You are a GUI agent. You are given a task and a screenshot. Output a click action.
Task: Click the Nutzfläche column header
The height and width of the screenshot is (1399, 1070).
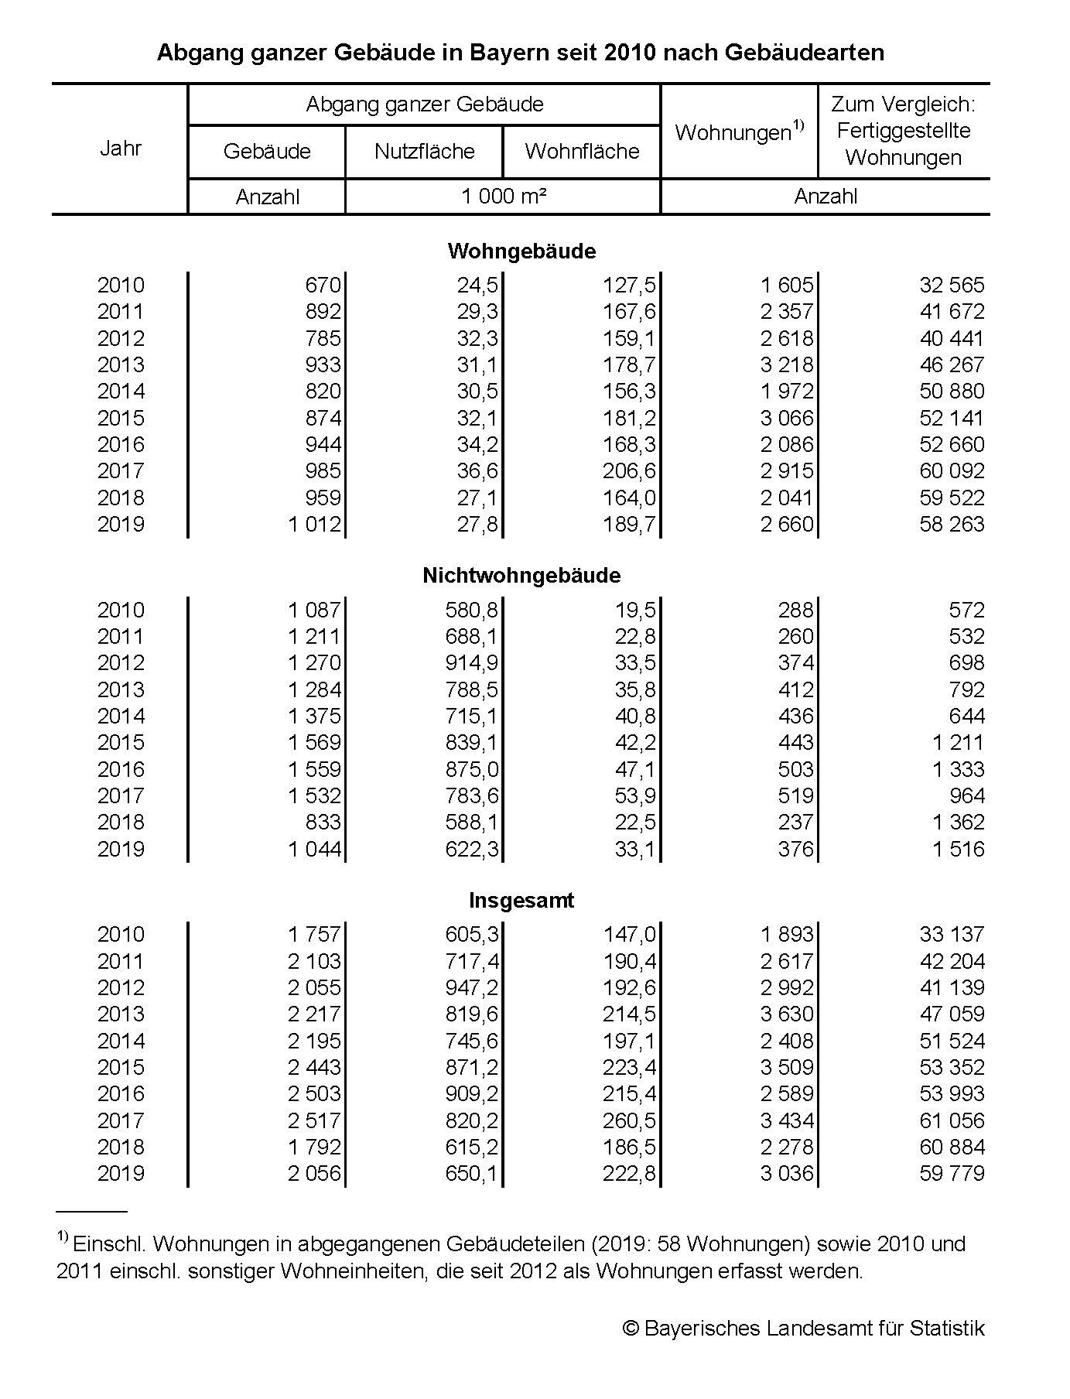pyautogui.click(x=424, y=151)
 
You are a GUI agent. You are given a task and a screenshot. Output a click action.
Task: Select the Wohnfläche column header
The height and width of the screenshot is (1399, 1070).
pyautogui.click(x=582, y=151)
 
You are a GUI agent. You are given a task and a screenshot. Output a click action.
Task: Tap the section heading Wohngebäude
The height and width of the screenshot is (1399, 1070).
pyautogui.click(x=521, y=251)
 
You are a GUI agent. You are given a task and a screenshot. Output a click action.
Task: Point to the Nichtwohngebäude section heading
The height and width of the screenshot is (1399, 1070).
pyautogui.click(x=521, y=575)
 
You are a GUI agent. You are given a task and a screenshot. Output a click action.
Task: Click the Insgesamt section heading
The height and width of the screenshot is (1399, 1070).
pyautogui.click(x=521, y=900)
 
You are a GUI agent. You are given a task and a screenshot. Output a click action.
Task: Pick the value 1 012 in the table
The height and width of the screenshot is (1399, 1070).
pyautogui.click(x=314, y=524)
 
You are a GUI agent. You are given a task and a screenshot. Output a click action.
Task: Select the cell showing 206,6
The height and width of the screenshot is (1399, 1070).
pyautogui.click(x=629, y=470)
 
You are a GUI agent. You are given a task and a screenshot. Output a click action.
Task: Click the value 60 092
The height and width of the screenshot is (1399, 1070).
pyautogui.click(x=952, y=470)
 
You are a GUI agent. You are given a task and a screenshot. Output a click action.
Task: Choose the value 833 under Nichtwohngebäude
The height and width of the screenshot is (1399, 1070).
pyautogui.click(x=323, y=822)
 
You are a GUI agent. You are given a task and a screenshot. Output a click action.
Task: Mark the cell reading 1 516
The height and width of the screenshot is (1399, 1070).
pyautogui.click(x=958, y=849)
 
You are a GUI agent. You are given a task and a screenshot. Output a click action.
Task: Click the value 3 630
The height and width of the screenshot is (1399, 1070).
pyautogui.click(x=787, y=1014)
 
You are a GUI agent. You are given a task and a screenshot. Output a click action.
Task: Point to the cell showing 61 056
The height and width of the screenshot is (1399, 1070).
pyautogui.click(x=952, y=1120)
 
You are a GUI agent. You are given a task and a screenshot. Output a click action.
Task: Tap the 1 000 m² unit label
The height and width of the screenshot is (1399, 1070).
pyautogui.click(x=504, y=197)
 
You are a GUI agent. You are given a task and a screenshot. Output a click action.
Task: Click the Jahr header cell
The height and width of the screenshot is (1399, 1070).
pyautogui.click(x=121, y=149)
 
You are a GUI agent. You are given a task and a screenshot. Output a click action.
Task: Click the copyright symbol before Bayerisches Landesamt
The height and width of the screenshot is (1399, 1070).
pyautogui.click(x=631, y=1329)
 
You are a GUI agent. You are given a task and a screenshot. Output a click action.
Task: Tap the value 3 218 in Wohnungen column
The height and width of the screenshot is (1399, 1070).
pyautogui.click(x=787, y=364)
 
